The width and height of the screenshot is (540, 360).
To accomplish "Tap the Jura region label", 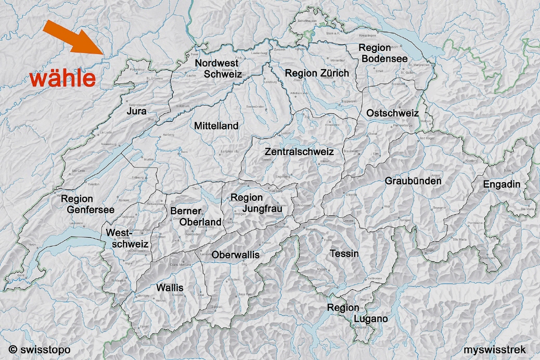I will [x=136, y=111].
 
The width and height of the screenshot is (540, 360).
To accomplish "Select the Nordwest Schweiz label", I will [x=218, y=69].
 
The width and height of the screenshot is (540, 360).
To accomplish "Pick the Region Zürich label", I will [x=317, y=73].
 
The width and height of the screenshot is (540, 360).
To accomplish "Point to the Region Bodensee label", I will [x=383, y=54].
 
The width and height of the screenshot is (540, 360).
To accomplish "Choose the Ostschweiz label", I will [x=392, y=113].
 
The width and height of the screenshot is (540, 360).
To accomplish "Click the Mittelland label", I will [x=216, y=126].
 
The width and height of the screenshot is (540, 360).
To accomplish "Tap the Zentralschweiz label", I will [x=299, y=152].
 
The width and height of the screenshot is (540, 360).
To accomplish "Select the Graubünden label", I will [x=413, y=181].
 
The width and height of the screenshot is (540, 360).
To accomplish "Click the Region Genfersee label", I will [x=83, y=204].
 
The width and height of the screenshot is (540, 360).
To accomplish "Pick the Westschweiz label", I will [x=127, y=238].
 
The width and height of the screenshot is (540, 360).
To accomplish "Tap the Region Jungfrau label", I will [x=247, y=203].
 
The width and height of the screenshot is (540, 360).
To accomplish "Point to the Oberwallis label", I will [x=235, y=255].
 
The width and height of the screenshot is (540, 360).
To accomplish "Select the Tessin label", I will [x=344, y=254].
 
